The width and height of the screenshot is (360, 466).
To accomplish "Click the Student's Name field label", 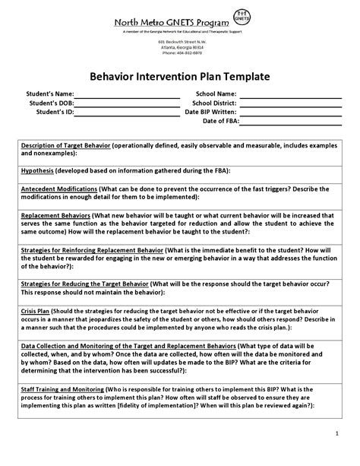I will [x=51, y=94].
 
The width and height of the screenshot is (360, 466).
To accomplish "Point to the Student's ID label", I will [x=55, y=112].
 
